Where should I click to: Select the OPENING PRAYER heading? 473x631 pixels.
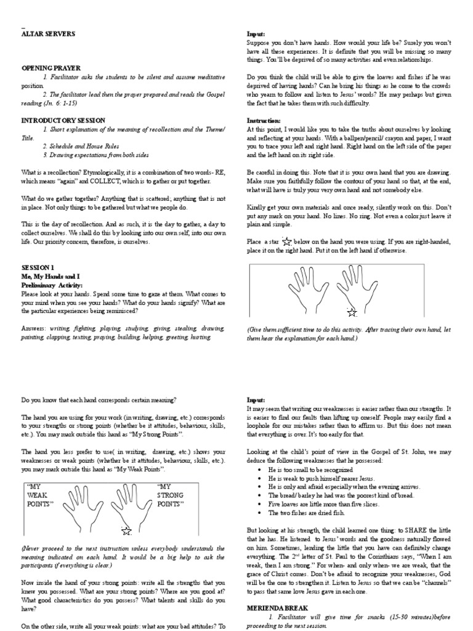pyautogui.click(x=51, y=67)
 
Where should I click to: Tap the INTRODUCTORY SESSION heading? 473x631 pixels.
pyautogui.click(x=63, y=120)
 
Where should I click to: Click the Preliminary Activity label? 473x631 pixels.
pyautogui.click(x=51, y=286)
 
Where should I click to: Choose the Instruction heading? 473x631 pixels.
pyautogui.click(x=264, y=120)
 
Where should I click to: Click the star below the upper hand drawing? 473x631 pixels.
pyautogui.click(x=352, y=312)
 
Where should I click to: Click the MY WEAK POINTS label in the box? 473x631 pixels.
pyautogui.click(x=40, y=495)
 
